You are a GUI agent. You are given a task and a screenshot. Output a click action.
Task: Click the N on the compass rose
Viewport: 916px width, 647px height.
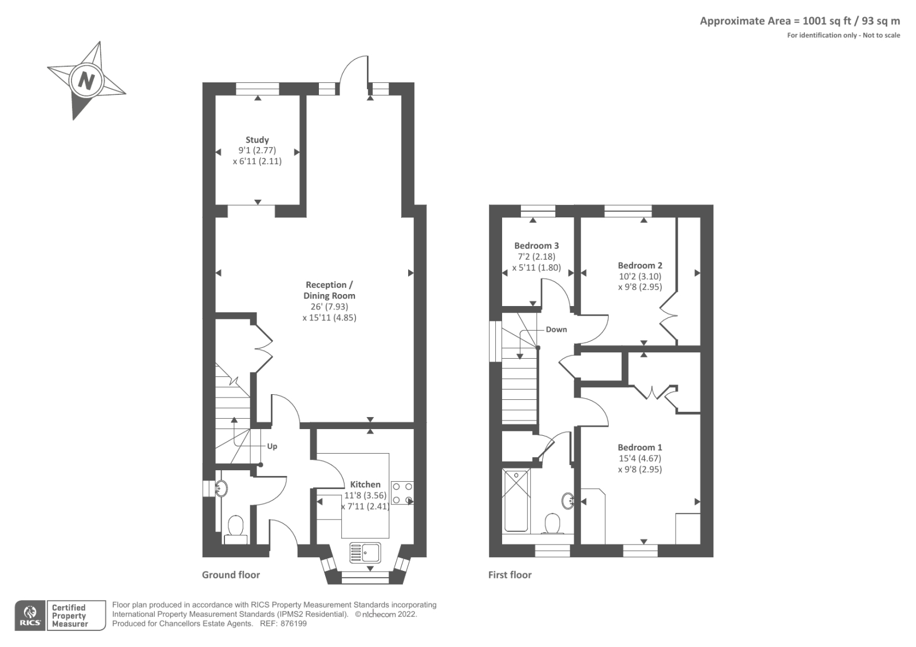point(86,80)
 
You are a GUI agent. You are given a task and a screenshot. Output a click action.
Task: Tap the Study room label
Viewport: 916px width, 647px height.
point(257,140)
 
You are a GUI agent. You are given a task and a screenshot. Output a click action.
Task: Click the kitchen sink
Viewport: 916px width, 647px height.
point(365,553)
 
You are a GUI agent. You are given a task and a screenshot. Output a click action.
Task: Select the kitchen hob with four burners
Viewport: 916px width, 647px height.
point(402,493)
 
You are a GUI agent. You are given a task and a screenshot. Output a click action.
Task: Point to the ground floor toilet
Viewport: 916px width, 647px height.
point(235,527)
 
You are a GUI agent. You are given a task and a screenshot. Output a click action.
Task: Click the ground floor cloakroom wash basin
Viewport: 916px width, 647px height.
point(220,489)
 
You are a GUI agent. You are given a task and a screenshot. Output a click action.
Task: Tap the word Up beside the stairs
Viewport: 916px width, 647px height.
point(272,446)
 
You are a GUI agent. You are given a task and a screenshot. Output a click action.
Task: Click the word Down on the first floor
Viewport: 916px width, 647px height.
point(556,330)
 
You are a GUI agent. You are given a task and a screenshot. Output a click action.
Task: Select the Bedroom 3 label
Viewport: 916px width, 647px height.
point(536,245)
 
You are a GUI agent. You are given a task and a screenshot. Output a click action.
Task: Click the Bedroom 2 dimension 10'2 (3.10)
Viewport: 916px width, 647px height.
point(639,276)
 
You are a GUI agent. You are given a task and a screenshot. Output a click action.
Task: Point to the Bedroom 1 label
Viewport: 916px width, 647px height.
point(639,447)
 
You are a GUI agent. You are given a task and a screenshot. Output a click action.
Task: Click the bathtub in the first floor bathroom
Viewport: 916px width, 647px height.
point(516,501)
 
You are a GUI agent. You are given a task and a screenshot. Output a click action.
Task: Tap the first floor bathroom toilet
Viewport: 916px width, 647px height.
point(552,523)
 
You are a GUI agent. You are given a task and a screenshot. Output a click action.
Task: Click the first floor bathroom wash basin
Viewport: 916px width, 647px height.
point(568,501)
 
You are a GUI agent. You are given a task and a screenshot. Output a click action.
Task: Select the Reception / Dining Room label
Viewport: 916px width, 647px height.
point(329,290)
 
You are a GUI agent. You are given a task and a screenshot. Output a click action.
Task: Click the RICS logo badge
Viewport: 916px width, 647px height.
point(30,616)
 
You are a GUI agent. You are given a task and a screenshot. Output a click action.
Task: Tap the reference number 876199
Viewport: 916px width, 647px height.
point(292,624)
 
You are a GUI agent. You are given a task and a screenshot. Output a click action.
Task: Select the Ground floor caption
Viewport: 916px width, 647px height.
point(231,575)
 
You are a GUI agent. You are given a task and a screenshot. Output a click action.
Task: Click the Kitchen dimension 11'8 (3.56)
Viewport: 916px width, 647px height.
point(365,495)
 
